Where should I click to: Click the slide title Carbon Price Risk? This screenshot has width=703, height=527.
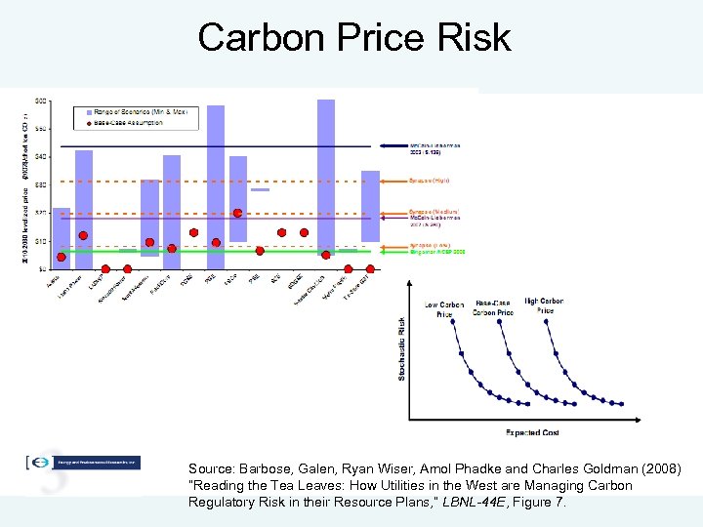point(353,37)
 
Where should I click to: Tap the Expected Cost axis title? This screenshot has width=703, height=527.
point(532,432)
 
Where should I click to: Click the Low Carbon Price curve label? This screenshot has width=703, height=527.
point(444,310)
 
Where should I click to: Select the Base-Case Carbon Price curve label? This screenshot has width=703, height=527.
point(493,308)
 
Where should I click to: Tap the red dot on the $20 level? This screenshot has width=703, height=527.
point(238,213)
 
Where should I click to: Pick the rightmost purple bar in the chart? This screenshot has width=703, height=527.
point(370,206)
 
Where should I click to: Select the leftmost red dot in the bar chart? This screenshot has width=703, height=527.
point(62,257)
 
